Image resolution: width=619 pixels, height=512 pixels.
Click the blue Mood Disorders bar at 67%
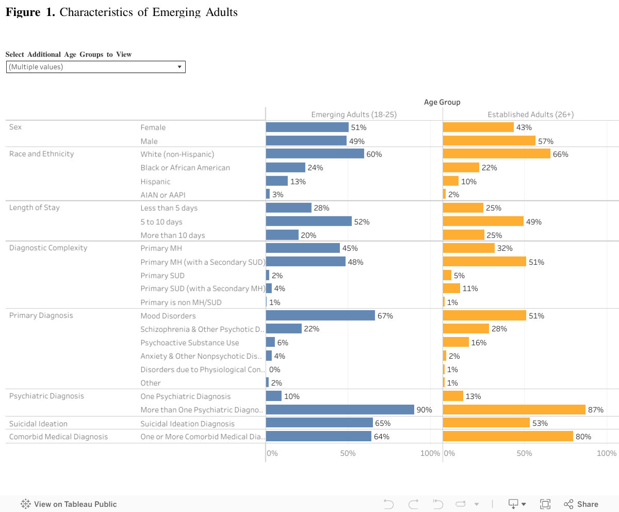tap(320, 315)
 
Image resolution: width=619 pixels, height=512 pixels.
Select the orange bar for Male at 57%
tap(489, 141)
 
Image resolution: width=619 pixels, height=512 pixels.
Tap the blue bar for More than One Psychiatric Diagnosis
tap(340, 410)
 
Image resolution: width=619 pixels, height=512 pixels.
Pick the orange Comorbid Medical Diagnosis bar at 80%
tap(508, 437)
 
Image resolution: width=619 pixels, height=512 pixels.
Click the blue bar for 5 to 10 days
tap(308, 221)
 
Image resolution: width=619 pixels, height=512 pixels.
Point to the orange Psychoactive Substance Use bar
tap(456, 342)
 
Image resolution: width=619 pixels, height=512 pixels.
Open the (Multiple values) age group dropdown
tap(96, 67)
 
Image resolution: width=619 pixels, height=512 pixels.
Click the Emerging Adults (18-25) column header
tap(354, 115)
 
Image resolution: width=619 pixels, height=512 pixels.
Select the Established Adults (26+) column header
tap(531, 115)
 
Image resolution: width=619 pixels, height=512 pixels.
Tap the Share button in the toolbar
tap(581, 504)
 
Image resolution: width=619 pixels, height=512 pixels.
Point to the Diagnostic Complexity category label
tap(48, 248)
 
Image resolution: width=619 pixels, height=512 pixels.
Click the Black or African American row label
tap(185, 168)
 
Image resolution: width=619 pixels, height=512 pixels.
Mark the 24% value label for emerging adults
tap(315, 168)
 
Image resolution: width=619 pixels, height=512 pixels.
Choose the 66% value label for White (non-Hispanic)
tap(560, 154)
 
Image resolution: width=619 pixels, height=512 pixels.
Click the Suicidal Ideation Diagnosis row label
tap(187, 424)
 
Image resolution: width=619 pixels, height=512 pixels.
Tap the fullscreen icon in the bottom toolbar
tap(545, 504)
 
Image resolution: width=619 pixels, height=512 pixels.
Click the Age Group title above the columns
tap(442, 102)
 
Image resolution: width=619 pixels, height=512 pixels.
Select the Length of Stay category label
tap(35, 207)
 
